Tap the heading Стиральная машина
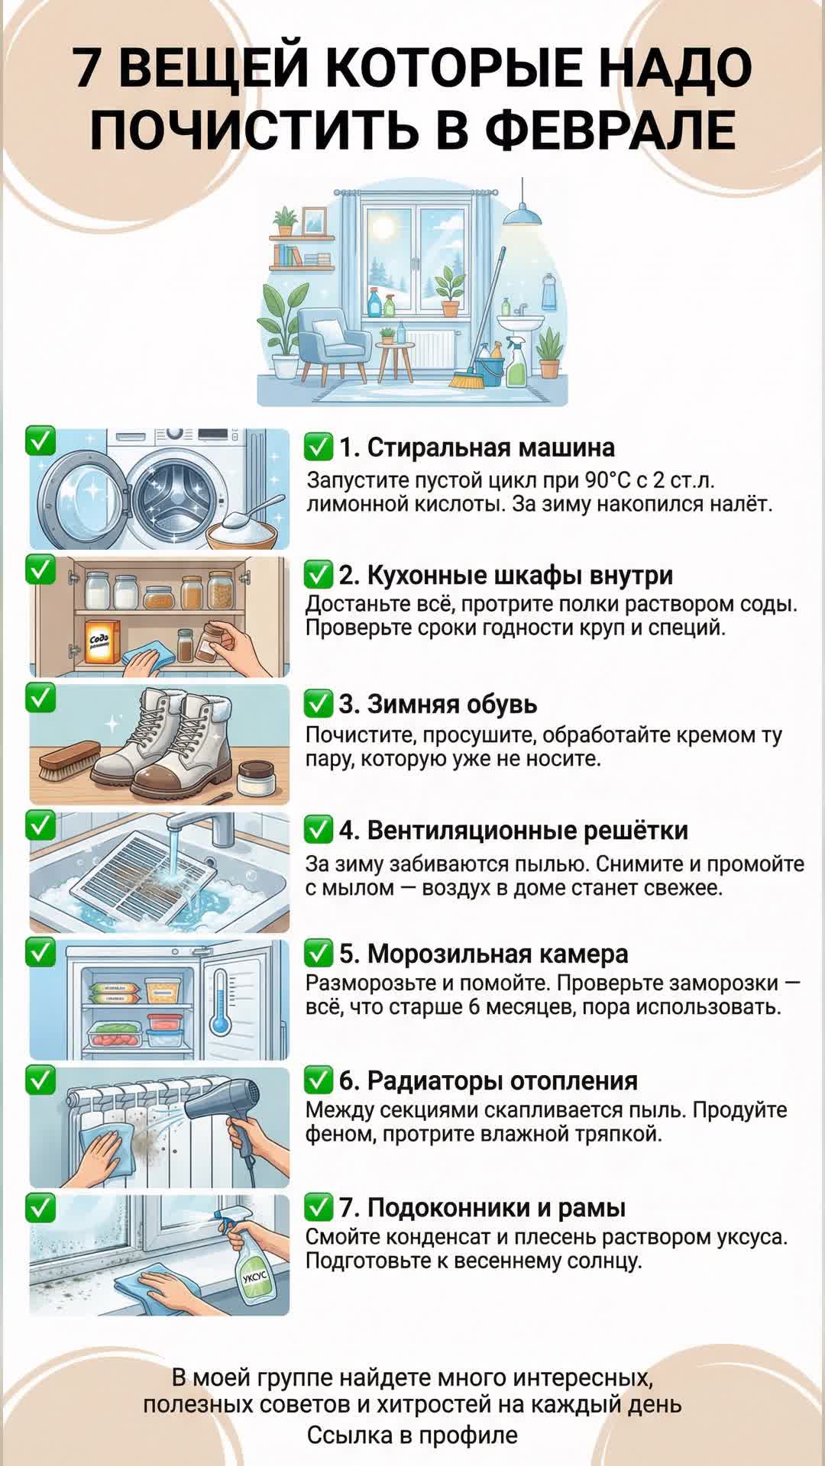click(491, 447)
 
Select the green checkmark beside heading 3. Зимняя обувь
click(319, 702)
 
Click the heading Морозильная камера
click(497, 954)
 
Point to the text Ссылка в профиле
click(412, 1435)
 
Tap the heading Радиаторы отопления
click(502, 1081)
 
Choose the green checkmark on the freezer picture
click(40, 953)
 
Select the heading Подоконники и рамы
click(496, 1208)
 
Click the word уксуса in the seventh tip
click(752, 1237)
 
